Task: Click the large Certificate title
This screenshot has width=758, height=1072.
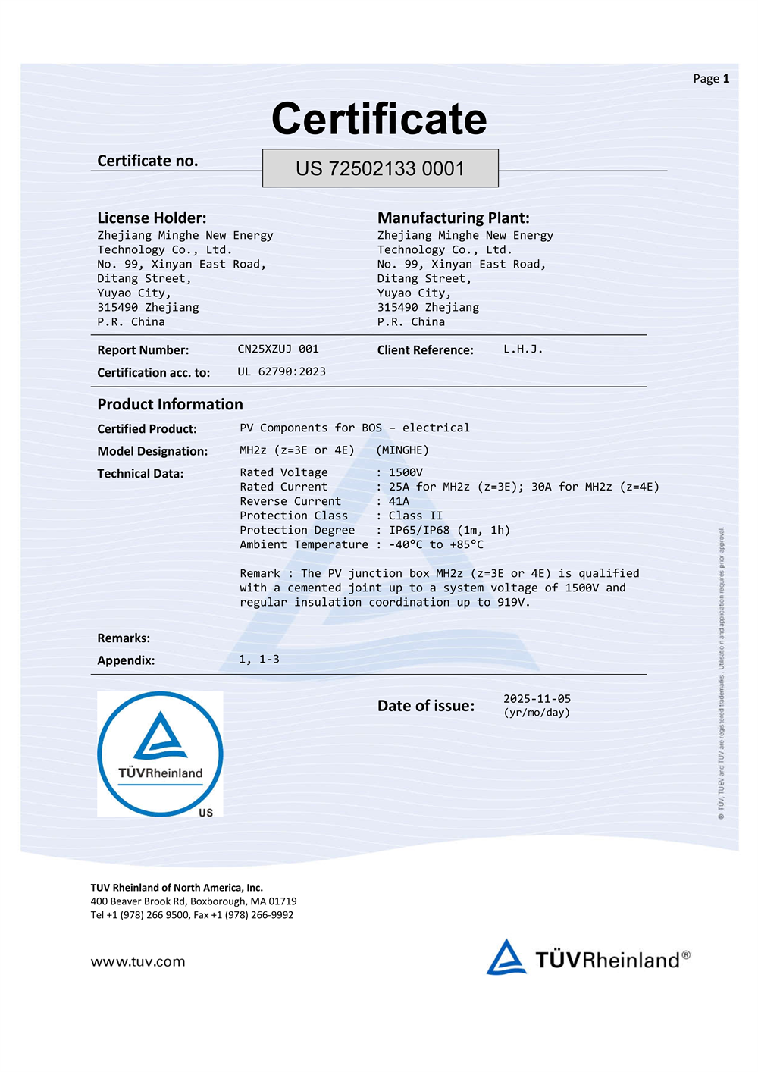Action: coord(379,119)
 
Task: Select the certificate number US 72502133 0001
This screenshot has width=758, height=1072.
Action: coord(380,168)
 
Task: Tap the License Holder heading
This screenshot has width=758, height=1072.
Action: coord(152,218)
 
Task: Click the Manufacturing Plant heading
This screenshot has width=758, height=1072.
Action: coord(453,218)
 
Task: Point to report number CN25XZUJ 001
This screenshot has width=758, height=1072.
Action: coord(278,349)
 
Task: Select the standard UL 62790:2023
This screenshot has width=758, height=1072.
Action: coord(281,371)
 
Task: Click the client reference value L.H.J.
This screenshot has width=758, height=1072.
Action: coord(523,349)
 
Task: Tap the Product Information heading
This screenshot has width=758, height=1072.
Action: coord(170,404)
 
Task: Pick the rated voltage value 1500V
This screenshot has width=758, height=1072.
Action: coord(406,472)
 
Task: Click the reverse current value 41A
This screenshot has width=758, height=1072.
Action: coord(399,501)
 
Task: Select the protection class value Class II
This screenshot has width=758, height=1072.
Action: coord(415,516)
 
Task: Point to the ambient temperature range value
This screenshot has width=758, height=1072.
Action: coord(436,544)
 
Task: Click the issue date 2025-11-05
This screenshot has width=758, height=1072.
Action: coord(537,698)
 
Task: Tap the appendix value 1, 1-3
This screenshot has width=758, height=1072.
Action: coord(259,660)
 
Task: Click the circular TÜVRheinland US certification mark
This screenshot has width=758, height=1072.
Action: coord(160,754)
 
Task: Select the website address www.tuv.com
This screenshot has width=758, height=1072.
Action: coord(138,961)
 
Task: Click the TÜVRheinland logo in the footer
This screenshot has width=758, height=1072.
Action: coord(588,958)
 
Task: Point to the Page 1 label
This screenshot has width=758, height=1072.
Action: coord(711,79)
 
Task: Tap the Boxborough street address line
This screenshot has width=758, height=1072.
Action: coord(193,901)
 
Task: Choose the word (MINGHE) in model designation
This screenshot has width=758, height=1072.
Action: coord(402,450)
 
